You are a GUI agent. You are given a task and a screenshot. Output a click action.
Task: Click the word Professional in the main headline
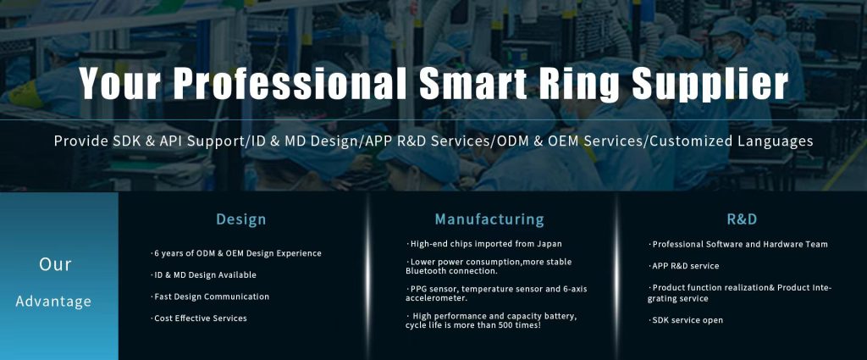pos(292,84)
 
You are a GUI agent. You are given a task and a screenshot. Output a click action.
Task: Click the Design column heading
pos(241,219)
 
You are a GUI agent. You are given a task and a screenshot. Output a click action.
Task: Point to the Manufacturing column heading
pos(489,219)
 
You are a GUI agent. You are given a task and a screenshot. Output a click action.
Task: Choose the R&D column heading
pos(742,219)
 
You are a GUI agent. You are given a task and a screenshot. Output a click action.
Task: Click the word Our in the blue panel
pos(55,264)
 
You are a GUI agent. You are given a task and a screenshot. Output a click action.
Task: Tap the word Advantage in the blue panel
pos(53,302)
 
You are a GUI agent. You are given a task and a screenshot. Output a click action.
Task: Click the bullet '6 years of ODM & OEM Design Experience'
pos(236,253)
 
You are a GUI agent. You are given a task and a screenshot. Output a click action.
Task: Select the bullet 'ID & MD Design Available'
pos(203,274)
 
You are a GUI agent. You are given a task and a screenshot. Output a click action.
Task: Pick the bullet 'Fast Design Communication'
pos(210,296)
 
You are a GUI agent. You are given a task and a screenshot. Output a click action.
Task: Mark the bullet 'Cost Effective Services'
pos(199,318)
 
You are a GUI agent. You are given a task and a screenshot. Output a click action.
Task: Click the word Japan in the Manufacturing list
pos(549,244)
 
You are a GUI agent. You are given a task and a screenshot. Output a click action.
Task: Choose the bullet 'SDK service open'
pos(686,320)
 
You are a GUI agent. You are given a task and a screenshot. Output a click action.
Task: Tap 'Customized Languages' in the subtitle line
pos(732,141)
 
